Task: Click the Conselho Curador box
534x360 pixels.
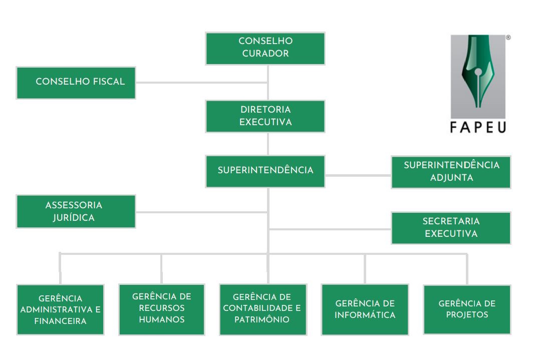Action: pyautogui.click(x=265, y=48)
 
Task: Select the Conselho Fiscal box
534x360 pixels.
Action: pyautogui.click(x=76, y=83)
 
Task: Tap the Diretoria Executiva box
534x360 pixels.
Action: pyautogui.click(x=265, y=116)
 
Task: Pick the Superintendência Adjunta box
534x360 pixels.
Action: pyautogui.click(x=451, y=172)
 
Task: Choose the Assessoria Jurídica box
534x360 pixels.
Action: pyautogui.click(x=76, y=211)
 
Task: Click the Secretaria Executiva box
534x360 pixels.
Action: pyautogui.click(x=451, y=228)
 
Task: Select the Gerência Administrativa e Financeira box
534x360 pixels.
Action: pyautogui.click(x=60, y=309)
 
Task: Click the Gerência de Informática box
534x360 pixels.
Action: pyautogui.click(x=365, y=309)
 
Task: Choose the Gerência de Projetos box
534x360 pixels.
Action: pyautogui.click(x=467, y=309)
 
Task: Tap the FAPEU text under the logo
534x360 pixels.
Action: pyautogui.click(x=478, y=127)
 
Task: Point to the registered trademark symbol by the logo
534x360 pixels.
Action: pyautogui.click(x=508, y=38)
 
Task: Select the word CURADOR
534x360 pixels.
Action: pyautogui.click(x=265, y=54)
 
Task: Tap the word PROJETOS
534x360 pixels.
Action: pyautogui.click(x=467, y=315)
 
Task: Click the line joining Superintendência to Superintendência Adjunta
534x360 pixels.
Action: pyautogui.click(x=358, y=175)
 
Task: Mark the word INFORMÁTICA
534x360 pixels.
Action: pyautogui.click(x=365, y=315)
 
